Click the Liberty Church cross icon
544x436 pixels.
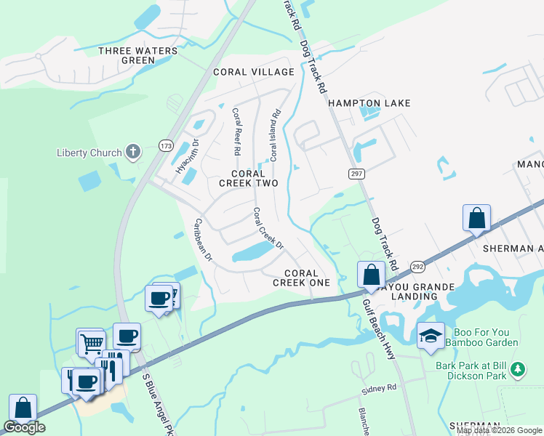point(132,152)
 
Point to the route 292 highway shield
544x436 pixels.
point(418,267)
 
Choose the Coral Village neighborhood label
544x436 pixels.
point(254,72)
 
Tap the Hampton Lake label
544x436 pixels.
point(369,103)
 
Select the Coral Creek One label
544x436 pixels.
point(302,278)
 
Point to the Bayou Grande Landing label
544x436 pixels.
point(425,291)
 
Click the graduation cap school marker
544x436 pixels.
point(431,335)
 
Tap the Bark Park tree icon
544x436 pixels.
point(517,369)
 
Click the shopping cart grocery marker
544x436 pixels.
point(91,342)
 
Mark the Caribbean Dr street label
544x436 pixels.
point(202,240)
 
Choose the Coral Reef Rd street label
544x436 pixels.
point(236,132)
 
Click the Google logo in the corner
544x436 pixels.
point(25,427)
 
